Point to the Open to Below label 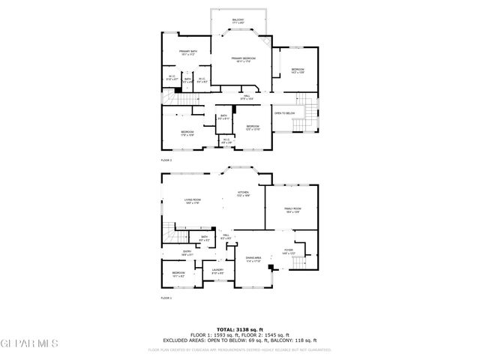284,113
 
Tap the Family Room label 292,209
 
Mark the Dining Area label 253,259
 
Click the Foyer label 288,251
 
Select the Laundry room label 217,271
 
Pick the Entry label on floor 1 187,253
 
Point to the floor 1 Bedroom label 178,274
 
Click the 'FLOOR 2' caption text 166,160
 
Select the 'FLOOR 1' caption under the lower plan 166,298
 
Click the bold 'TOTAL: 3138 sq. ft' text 240,329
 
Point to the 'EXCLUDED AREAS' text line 240,341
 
